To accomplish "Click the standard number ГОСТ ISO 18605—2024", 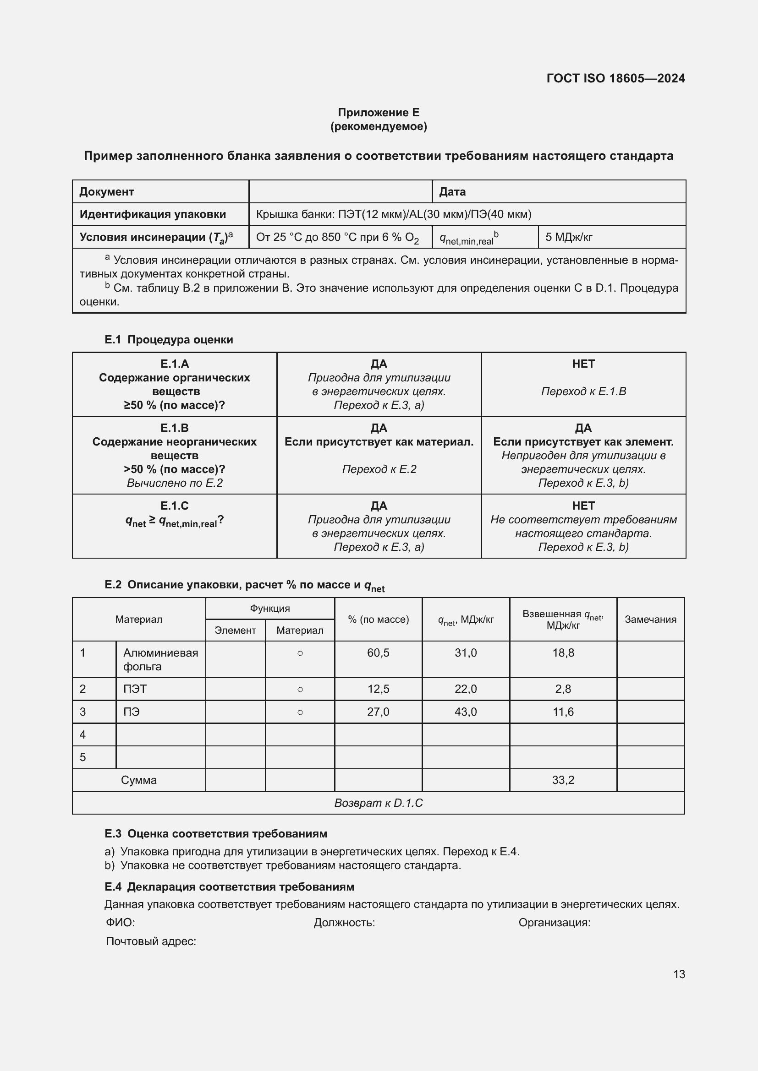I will pos(615,78).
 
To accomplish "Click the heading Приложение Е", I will pos(379,113).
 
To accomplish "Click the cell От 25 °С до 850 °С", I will pos(337,238).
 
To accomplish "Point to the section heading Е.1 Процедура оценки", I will pos(169,340).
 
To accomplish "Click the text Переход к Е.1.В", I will pos(583,391).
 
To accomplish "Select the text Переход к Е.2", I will pos(379,469).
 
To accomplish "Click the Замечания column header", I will pos(650,620).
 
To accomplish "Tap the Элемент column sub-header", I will pos(235,631).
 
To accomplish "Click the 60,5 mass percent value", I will pos(378,653).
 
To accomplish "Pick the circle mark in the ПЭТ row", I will pos(300,690).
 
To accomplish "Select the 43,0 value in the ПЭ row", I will pos(465,712).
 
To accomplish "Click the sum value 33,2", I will pos(563,780).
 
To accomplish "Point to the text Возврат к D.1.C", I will pos(378,803).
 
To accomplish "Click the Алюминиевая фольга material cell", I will pos(160,659).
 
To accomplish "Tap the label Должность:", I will pos(344,922).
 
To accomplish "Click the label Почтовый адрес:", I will pos(151,941).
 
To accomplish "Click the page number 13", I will pos(679,974).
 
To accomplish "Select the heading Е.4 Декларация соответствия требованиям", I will pos(229,886).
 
